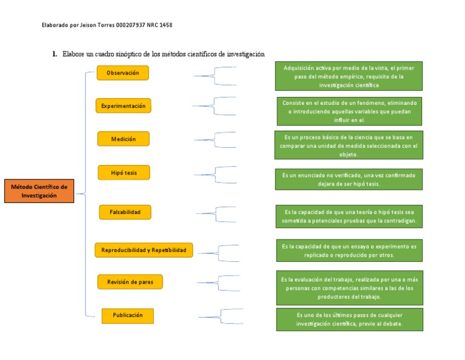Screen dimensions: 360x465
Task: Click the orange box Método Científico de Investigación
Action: point(39,191)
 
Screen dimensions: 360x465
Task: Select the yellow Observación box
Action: point(122,73)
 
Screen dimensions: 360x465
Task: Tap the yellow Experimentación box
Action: point(123,106)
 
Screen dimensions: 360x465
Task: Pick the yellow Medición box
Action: point(123,139)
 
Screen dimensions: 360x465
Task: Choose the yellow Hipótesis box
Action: point(124,173)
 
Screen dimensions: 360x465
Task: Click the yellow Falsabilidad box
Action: point(125,212)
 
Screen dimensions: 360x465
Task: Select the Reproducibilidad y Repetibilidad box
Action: point(143,250)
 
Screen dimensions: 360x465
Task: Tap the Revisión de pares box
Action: point(130,282)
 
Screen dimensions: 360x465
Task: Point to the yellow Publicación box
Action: point(127,316)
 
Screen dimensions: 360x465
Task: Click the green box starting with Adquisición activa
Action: point(349,76)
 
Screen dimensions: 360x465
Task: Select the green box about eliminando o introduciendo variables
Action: point(349,111)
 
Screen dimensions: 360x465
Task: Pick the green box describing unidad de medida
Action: point(349,145)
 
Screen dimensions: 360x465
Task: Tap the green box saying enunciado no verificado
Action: point(349,179)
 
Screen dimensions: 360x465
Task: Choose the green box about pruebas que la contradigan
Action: point(349,217)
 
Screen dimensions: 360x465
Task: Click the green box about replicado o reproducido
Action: point(349,251)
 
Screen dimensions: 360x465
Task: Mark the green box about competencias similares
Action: point(349,288)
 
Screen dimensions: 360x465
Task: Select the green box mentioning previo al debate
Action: point(349,319)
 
